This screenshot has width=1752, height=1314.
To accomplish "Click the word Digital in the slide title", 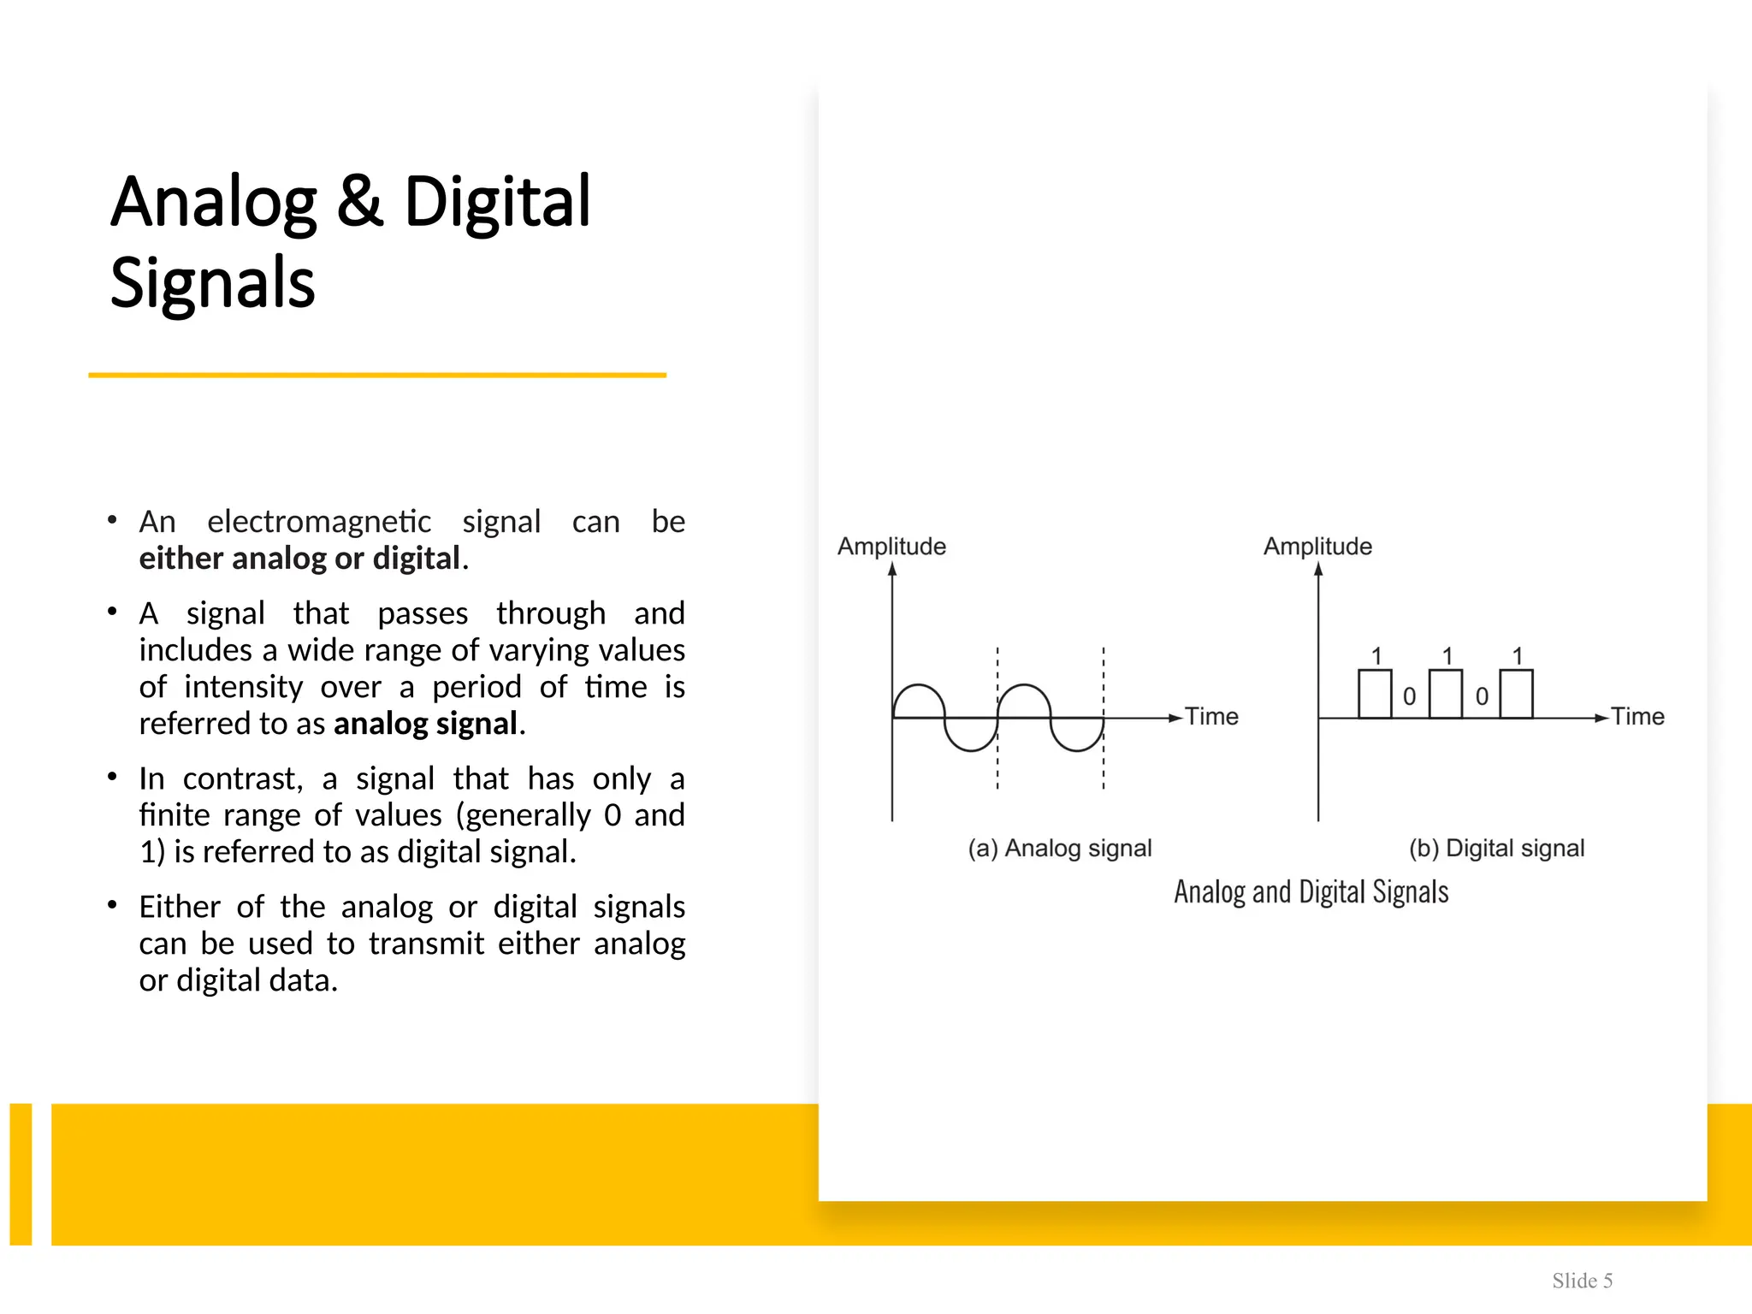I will click(x=497, y=203).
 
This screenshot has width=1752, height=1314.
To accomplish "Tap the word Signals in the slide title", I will click(x=213, y=282).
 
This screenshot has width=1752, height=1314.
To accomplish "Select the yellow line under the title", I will click(x=377, y=375).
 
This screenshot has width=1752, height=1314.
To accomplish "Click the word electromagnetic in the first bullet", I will click(x=319, y=521).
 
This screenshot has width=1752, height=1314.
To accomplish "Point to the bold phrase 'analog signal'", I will click(x=425, y=724).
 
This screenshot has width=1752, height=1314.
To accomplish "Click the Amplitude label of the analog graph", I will click(x=891, y=546).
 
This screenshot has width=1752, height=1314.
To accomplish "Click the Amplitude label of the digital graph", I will click(x=1317, y=546).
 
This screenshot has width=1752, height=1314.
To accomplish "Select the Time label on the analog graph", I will click(x=1211, y=716).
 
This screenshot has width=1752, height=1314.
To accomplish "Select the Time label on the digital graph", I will click(x=1637, y=716).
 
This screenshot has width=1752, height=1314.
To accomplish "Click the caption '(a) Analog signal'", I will click(x=1060, y=848).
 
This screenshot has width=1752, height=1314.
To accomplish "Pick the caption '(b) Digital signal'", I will click(x=1496, y=848).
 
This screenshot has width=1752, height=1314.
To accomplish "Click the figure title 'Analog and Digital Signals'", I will click(x=1311, y=892).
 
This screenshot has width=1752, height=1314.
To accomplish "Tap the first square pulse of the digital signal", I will click(x=1375, y=694).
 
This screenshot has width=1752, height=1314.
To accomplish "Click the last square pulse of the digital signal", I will click(x=1516, y=694).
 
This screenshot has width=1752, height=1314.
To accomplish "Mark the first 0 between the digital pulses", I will click(x=1410, y=697).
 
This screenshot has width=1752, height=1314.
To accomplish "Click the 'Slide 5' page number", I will click(x=1582, y=1281).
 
